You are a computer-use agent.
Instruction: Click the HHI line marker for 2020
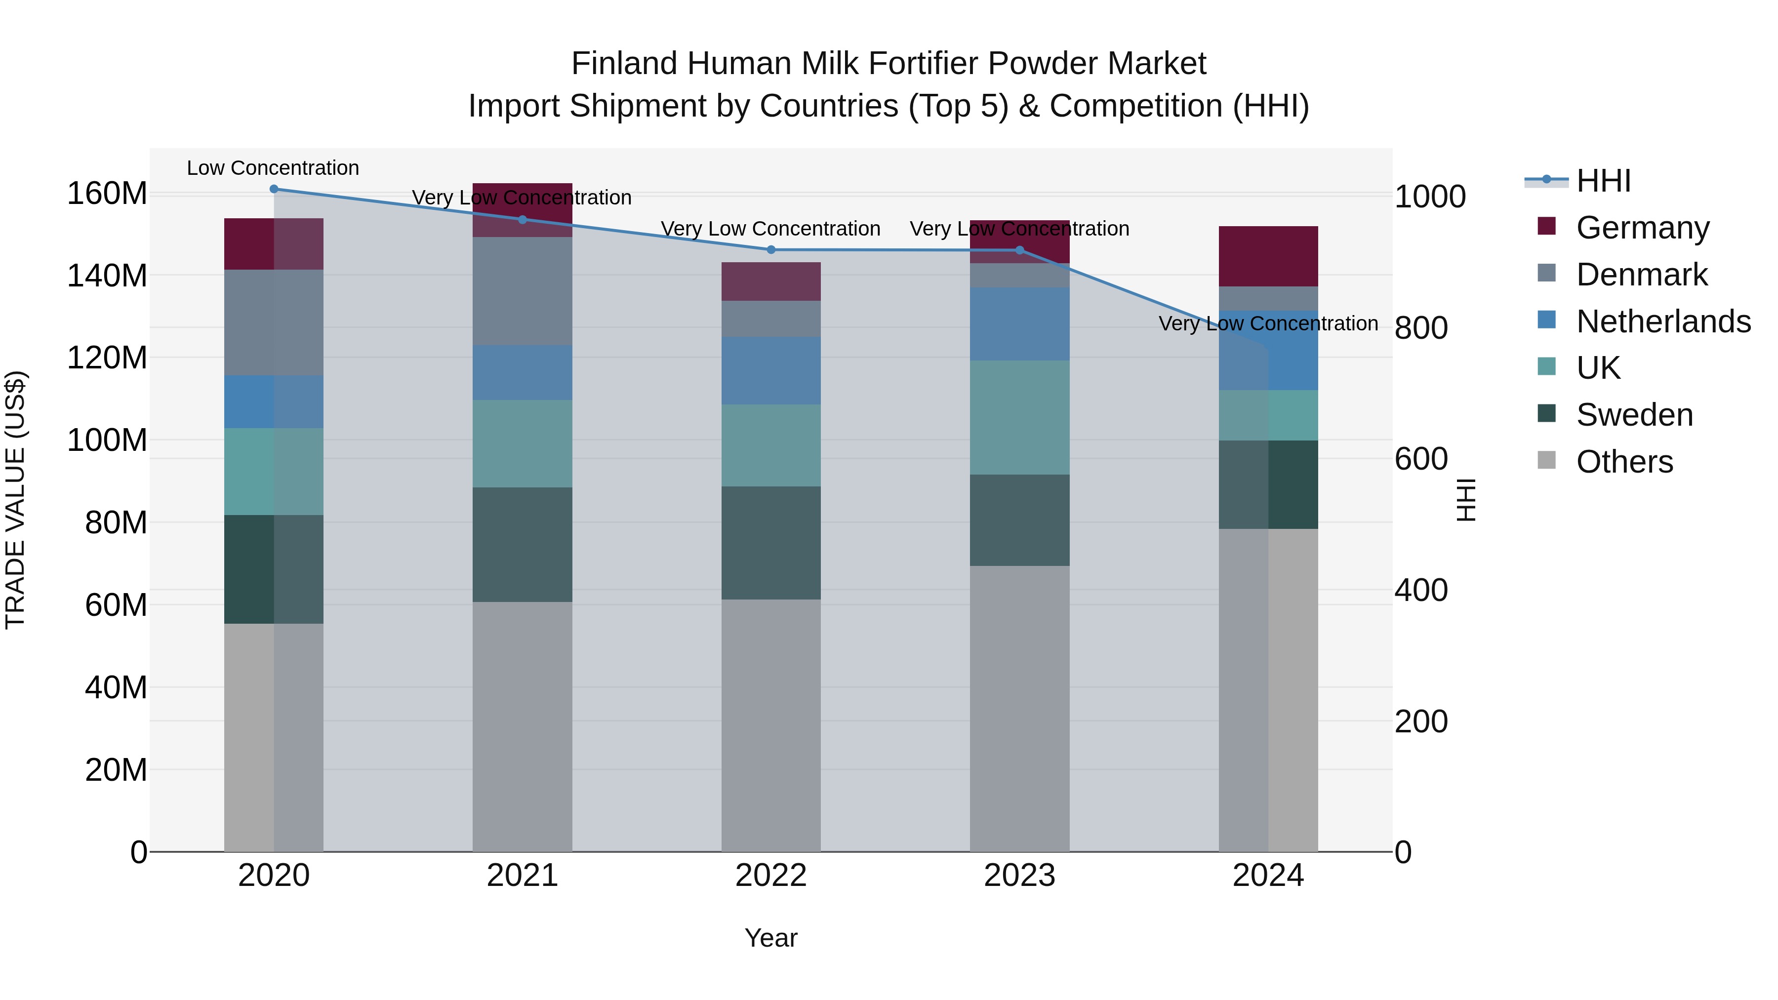[274, 189]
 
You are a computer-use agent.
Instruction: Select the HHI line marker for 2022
[771, 250]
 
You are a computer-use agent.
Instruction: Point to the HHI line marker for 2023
[1019, 250]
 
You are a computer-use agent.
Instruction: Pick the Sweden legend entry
[1634, 415]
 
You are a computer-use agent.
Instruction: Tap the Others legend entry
[1624, 462]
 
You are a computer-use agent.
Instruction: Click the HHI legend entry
[1603, 181]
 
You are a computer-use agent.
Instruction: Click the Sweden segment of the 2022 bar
[771, 543]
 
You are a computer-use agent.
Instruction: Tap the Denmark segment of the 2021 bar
[523, 291]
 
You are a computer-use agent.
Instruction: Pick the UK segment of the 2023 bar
[1019, 417]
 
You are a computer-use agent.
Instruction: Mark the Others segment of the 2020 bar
[274, 737]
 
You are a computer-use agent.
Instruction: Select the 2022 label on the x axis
[771, 876]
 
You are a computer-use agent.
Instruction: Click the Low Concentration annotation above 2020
[273, 168]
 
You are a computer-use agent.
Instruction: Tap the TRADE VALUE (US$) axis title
[15, 500]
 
